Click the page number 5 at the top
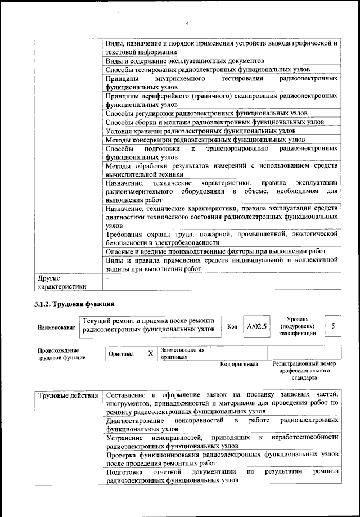(187, 24)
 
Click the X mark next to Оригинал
(150, 353)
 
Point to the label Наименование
(56, 327)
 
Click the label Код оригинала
(238, 364)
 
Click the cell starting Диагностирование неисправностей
(222, 424)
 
